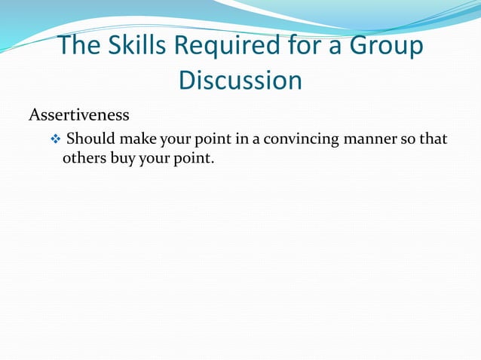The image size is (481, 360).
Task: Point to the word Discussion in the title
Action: pyautogui.click(x=240, y=80)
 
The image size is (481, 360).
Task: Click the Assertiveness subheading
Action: pyautogui.click(x=79, y=116)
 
